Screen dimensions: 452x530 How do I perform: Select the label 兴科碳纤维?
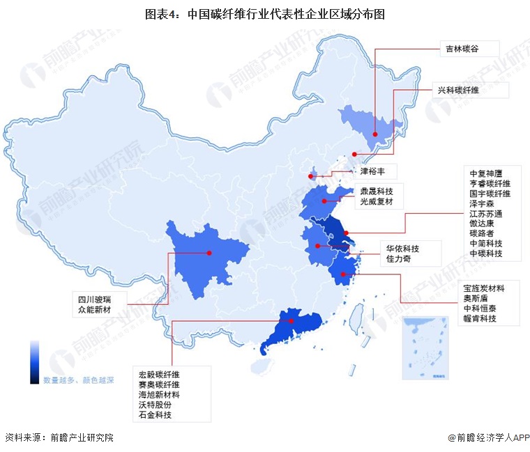(x=458, y=90)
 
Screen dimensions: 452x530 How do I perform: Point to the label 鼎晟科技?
(x=376, y=190)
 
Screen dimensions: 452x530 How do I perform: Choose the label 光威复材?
(x=376, y=202)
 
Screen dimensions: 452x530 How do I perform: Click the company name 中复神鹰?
(x=485, y=173)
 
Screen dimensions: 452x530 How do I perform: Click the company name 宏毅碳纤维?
(x=158, y=374)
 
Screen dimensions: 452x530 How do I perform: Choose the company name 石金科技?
(x=154, y=414)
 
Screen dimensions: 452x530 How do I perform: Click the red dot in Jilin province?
(x=375, y=134)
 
